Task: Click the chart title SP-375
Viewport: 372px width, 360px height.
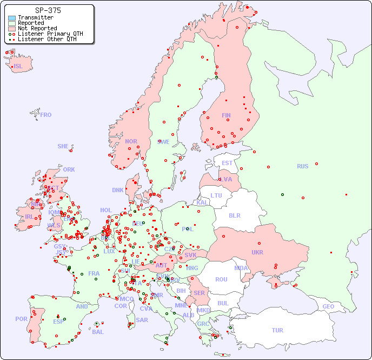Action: tap(48, 10)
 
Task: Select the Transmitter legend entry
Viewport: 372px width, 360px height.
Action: tap(35, 17)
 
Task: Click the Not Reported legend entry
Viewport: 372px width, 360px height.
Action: tap(37, 28)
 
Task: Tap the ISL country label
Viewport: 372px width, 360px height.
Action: tap(18, 67)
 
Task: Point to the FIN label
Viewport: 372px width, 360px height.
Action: tap(226, 115)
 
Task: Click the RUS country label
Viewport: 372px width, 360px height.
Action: tap(302, 166)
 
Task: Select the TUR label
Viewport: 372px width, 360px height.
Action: tap(277, 330)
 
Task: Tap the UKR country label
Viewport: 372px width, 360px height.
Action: tap(257, 252)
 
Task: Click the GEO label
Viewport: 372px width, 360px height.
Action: tap(328, 306)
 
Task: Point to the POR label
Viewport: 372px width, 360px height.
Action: tap(21, 319)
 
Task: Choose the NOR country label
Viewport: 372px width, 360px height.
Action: tap(131, 141)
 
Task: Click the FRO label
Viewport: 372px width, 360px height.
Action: tap(46, 115)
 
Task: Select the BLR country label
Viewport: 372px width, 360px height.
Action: tap(234, 215)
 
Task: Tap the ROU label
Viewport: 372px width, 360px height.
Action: tap(221, 279)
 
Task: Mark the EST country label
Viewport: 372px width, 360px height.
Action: tap(227, 163)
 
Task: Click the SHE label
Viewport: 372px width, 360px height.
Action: tap(63, 146)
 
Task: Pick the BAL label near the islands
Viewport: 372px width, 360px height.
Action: tap(97, 332)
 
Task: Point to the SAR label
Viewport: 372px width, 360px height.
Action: tap(142, 320)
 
